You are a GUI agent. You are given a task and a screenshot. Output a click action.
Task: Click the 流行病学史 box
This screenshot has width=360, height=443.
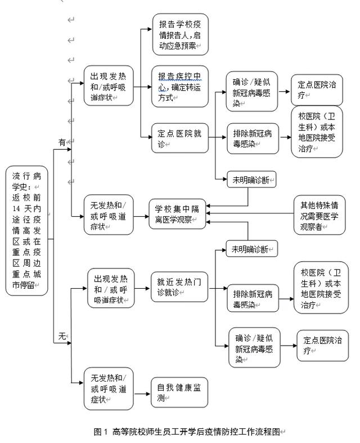coord(27,231)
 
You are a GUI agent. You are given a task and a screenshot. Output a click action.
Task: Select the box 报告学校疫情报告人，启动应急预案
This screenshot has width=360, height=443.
coord(181,34)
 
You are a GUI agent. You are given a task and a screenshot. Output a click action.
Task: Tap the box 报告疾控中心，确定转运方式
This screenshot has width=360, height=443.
coord(180,87)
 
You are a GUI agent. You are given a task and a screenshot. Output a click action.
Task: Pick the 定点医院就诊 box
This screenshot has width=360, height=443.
coord(180,138)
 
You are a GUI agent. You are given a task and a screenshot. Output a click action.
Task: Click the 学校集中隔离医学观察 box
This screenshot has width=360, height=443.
coord(177,214)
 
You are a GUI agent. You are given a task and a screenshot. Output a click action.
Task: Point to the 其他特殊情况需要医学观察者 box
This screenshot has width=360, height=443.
coord(319,215)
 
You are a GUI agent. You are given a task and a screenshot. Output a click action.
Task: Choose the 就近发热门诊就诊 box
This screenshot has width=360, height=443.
coord(179,287)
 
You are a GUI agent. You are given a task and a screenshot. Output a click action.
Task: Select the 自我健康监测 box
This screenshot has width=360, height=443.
coord(179,392)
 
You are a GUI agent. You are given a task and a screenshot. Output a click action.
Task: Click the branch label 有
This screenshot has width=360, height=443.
coord(62,142)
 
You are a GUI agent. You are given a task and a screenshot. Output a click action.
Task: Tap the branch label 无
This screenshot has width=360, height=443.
coord(62,336)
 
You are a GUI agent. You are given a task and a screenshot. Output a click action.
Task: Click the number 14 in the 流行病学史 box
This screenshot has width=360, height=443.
coord(16,208)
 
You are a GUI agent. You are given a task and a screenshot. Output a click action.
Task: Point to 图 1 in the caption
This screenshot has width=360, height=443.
coord(101,432)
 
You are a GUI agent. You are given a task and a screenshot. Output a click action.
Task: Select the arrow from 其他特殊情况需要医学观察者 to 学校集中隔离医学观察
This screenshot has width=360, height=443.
coord(250,213)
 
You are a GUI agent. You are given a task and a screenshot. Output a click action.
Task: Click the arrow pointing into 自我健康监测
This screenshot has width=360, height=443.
coord(142,393)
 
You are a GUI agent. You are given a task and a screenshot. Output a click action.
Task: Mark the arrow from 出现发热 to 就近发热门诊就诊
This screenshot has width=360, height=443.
coord(142,288)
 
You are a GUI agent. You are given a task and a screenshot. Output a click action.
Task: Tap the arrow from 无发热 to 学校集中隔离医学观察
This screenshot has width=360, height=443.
coord(141,217)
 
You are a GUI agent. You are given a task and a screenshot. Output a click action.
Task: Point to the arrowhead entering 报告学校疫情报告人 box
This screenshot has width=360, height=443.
coord(150,29)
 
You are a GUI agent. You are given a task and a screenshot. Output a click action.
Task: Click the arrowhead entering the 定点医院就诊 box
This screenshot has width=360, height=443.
coord(150,137)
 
